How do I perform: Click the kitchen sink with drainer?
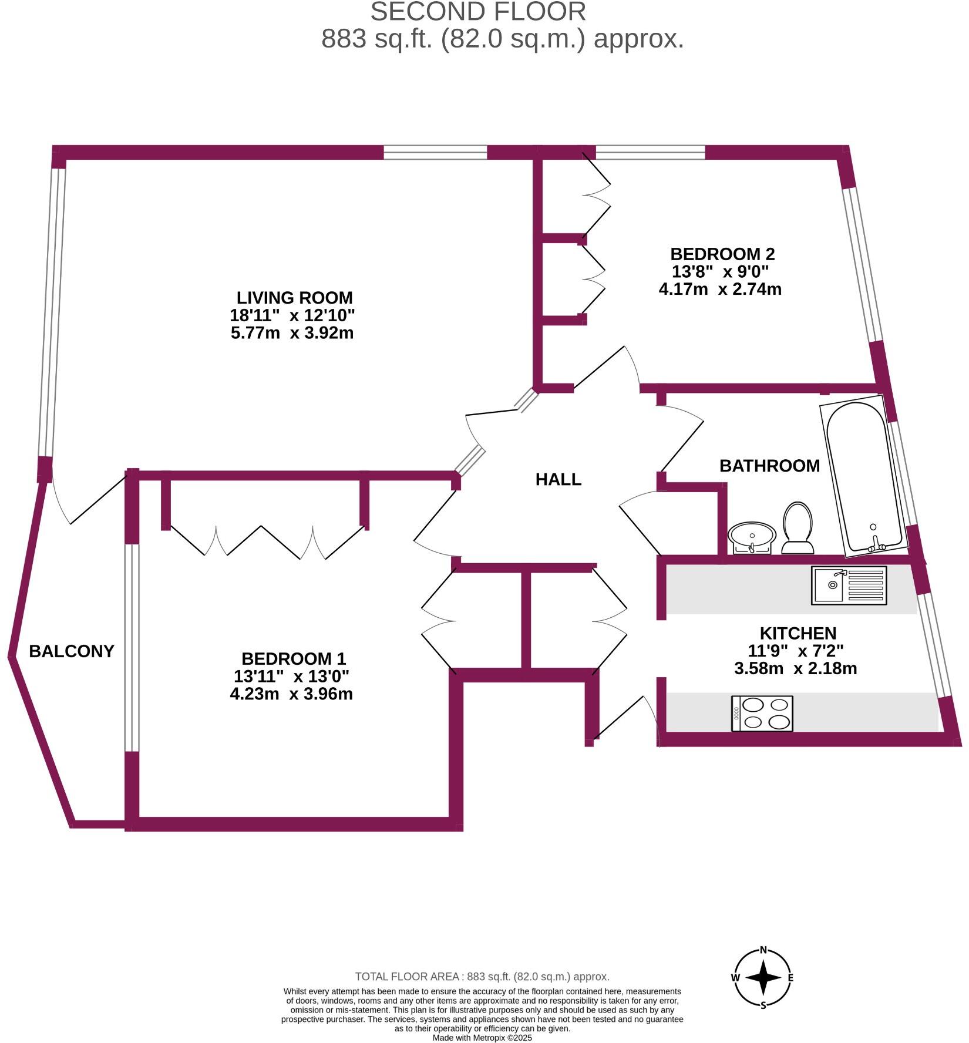[849, 585]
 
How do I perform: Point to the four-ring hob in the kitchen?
[762, 713]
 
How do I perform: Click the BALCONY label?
[72, 651]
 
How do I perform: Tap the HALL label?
[558, 479]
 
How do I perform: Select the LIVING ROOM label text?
[294, 297]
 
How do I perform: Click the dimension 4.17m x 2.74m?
[720, 289]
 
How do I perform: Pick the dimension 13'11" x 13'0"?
[291, 676]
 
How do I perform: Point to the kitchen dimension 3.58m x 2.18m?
[795, 668]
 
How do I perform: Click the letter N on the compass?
[763, 950]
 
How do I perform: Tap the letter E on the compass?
[790, 978]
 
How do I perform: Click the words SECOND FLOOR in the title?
[477, 12]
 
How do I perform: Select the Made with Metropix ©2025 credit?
[482, 1038]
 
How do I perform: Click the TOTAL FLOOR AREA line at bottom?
[482, 977]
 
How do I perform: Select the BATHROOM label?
[769, 466]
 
